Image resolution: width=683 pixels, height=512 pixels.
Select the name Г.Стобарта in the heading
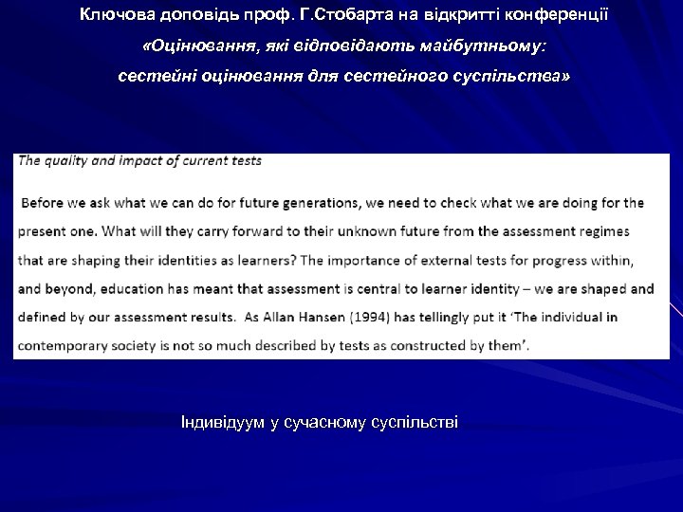pos(309,15)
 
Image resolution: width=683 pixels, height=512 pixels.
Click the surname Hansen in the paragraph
pos(355,317)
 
